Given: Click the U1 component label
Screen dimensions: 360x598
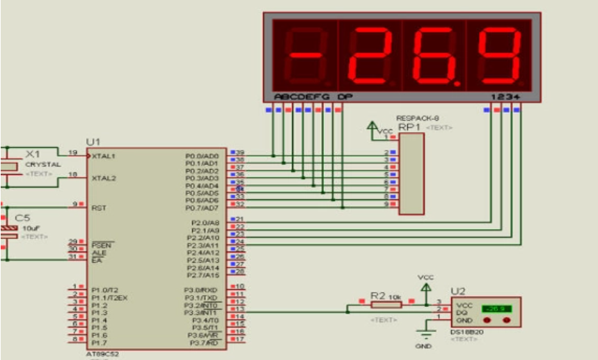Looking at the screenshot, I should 93,141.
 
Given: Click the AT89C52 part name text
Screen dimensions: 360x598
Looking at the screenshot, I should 102,354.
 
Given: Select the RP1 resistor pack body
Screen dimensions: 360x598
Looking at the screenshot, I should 411,174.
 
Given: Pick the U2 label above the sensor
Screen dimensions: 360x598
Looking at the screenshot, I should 458,290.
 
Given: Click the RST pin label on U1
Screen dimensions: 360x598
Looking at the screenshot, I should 98,208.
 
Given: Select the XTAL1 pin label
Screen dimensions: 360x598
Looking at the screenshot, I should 103,157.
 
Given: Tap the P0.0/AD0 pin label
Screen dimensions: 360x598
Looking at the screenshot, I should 202,156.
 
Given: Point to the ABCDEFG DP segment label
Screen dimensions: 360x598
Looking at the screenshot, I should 313,97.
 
